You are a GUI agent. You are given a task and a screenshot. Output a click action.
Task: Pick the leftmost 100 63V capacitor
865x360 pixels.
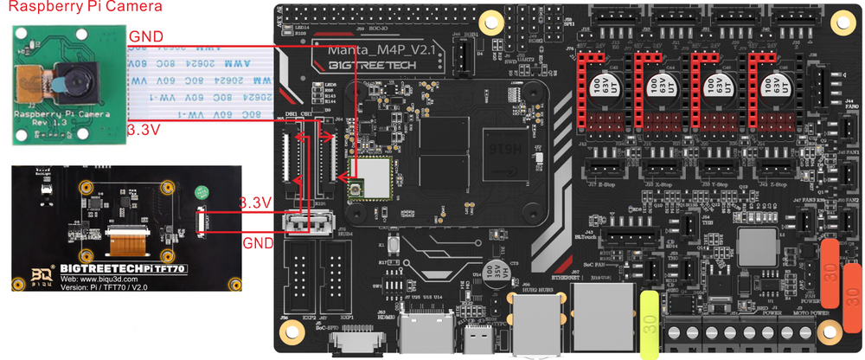598,87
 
